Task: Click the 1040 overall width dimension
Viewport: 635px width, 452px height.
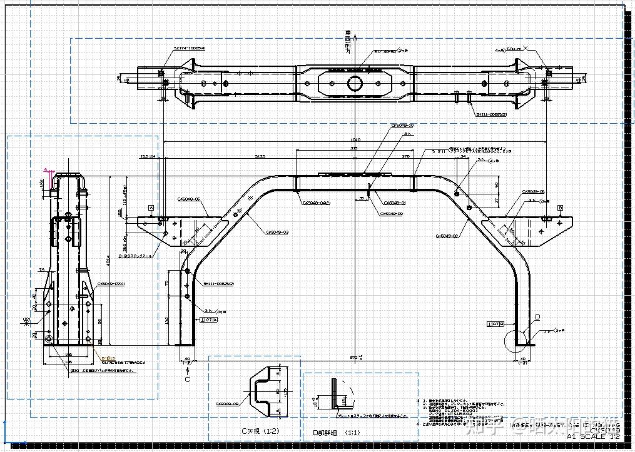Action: coord(355,139)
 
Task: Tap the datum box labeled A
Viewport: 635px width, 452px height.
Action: coord(151,207)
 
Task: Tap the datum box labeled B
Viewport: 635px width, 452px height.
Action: coord(560,207)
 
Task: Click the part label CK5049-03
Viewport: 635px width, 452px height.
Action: coord(277,231)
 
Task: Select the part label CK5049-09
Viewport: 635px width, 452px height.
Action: coord(391,214)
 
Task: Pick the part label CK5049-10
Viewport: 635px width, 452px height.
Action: coord(402,125)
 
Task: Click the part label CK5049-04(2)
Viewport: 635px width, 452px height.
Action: coord(317,203)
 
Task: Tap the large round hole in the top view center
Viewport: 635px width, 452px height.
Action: coord(355,83)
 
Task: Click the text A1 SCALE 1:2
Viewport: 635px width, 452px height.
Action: coord(593,436)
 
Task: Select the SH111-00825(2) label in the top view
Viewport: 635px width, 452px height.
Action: coord(490,114)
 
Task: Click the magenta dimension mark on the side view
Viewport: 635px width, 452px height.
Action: coord(48,171)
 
